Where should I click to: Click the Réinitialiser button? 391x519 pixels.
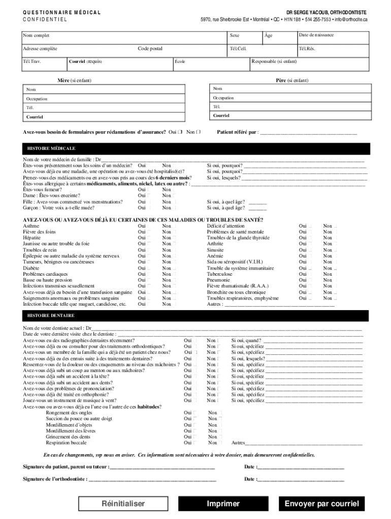point(123,504)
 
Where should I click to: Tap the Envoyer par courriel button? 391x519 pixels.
point(321,504)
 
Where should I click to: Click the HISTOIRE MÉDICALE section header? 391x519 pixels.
point(48,149)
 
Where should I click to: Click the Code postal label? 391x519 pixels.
point(150,49)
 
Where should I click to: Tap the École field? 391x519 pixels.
point(211,64)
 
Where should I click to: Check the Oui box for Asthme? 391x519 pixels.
point(149,226)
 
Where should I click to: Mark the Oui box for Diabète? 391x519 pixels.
point(149,268)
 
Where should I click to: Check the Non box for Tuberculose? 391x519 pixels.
point(335,274)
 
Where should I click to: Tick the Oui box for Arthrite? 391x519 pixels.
point(310,244)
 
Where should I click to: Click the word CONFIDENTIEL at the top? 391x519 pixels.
point(45,20)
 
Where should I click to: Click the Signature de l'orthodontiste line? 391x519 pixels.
point(152,478)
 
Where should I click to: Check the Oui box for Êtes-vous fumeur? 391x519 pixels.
point(149,189)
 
